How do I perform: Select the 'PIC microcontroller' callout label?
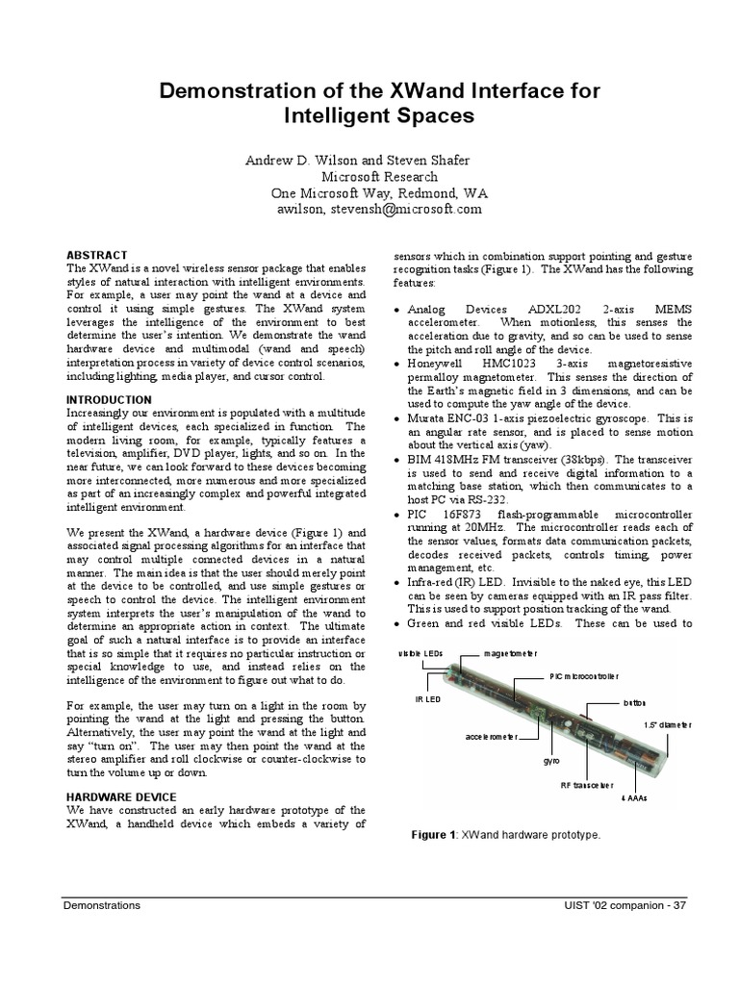[x=584, y=676]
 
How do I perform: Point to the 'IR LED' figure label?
[x=427, y=699]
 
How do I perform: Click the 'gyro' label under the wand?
[x=551, y=760]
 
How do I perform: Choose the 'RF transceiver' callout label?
[x=586, y=785]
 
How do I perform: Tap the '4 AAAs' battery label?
[x=634, y=798]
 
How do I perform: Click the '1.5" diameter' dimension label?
[x=667, y=724]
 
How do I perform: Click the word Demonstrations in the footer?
[x=102, y=905]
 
